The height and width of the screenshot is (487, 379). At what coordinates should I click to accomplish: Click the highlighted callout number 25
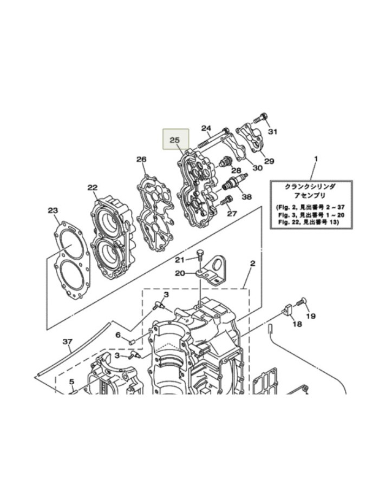[174, 140]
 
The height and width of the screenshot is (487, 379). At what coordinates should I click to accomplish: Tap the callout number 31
[272, 131]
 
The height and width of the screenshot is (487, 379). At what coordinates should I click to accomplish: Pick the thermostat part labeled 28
[225, 162]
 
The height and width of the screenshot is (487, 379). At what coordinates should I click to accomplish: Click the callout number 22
[92, 188]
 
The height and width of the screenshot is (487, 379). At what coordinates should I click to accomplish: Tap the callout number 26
[141, 159]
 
